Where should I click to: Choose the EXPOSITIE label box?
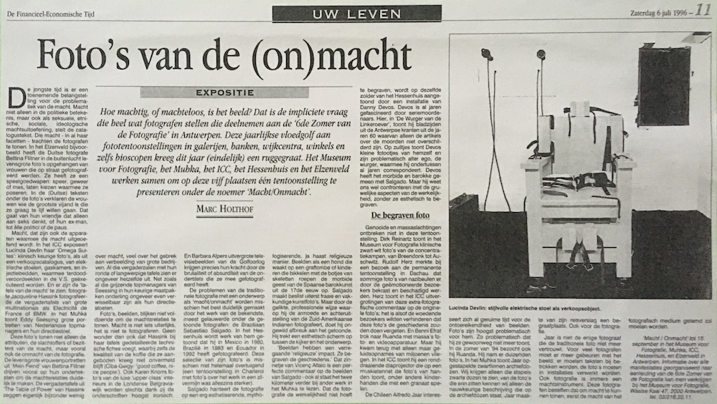(214, 92)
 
